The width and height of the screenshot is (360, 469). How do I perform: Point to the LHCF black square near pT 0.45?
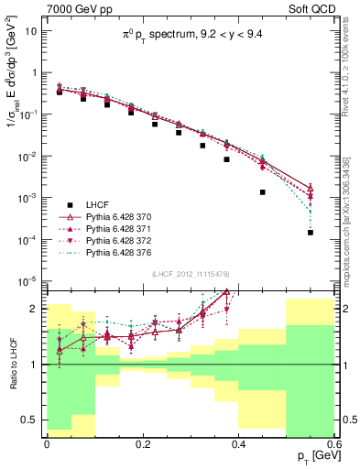[x=263, y=192]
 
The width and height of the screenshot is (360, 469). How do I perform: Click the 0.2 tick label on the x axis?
[x=142, y=443]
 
